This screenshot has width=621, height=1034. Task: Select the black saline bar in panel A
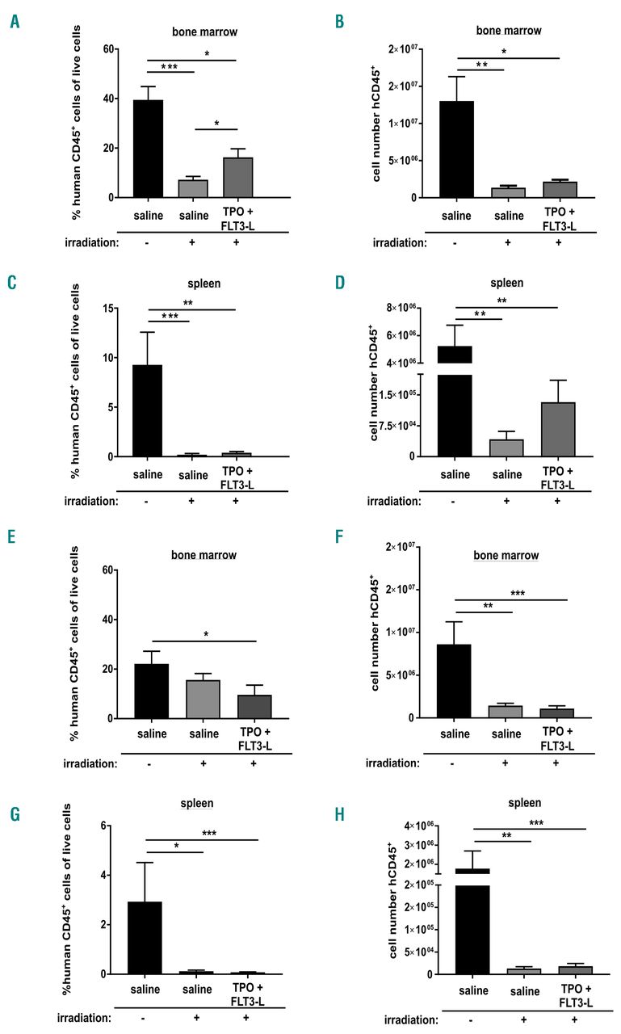tap(148, 149)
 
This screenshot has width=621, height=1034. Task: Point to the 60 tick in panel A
tap(105, 50)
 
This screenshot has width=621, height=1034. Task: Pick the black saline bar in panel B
tap(457, 149)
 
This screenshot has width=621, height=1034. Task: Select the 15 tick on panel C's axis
tap(105, 308)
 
